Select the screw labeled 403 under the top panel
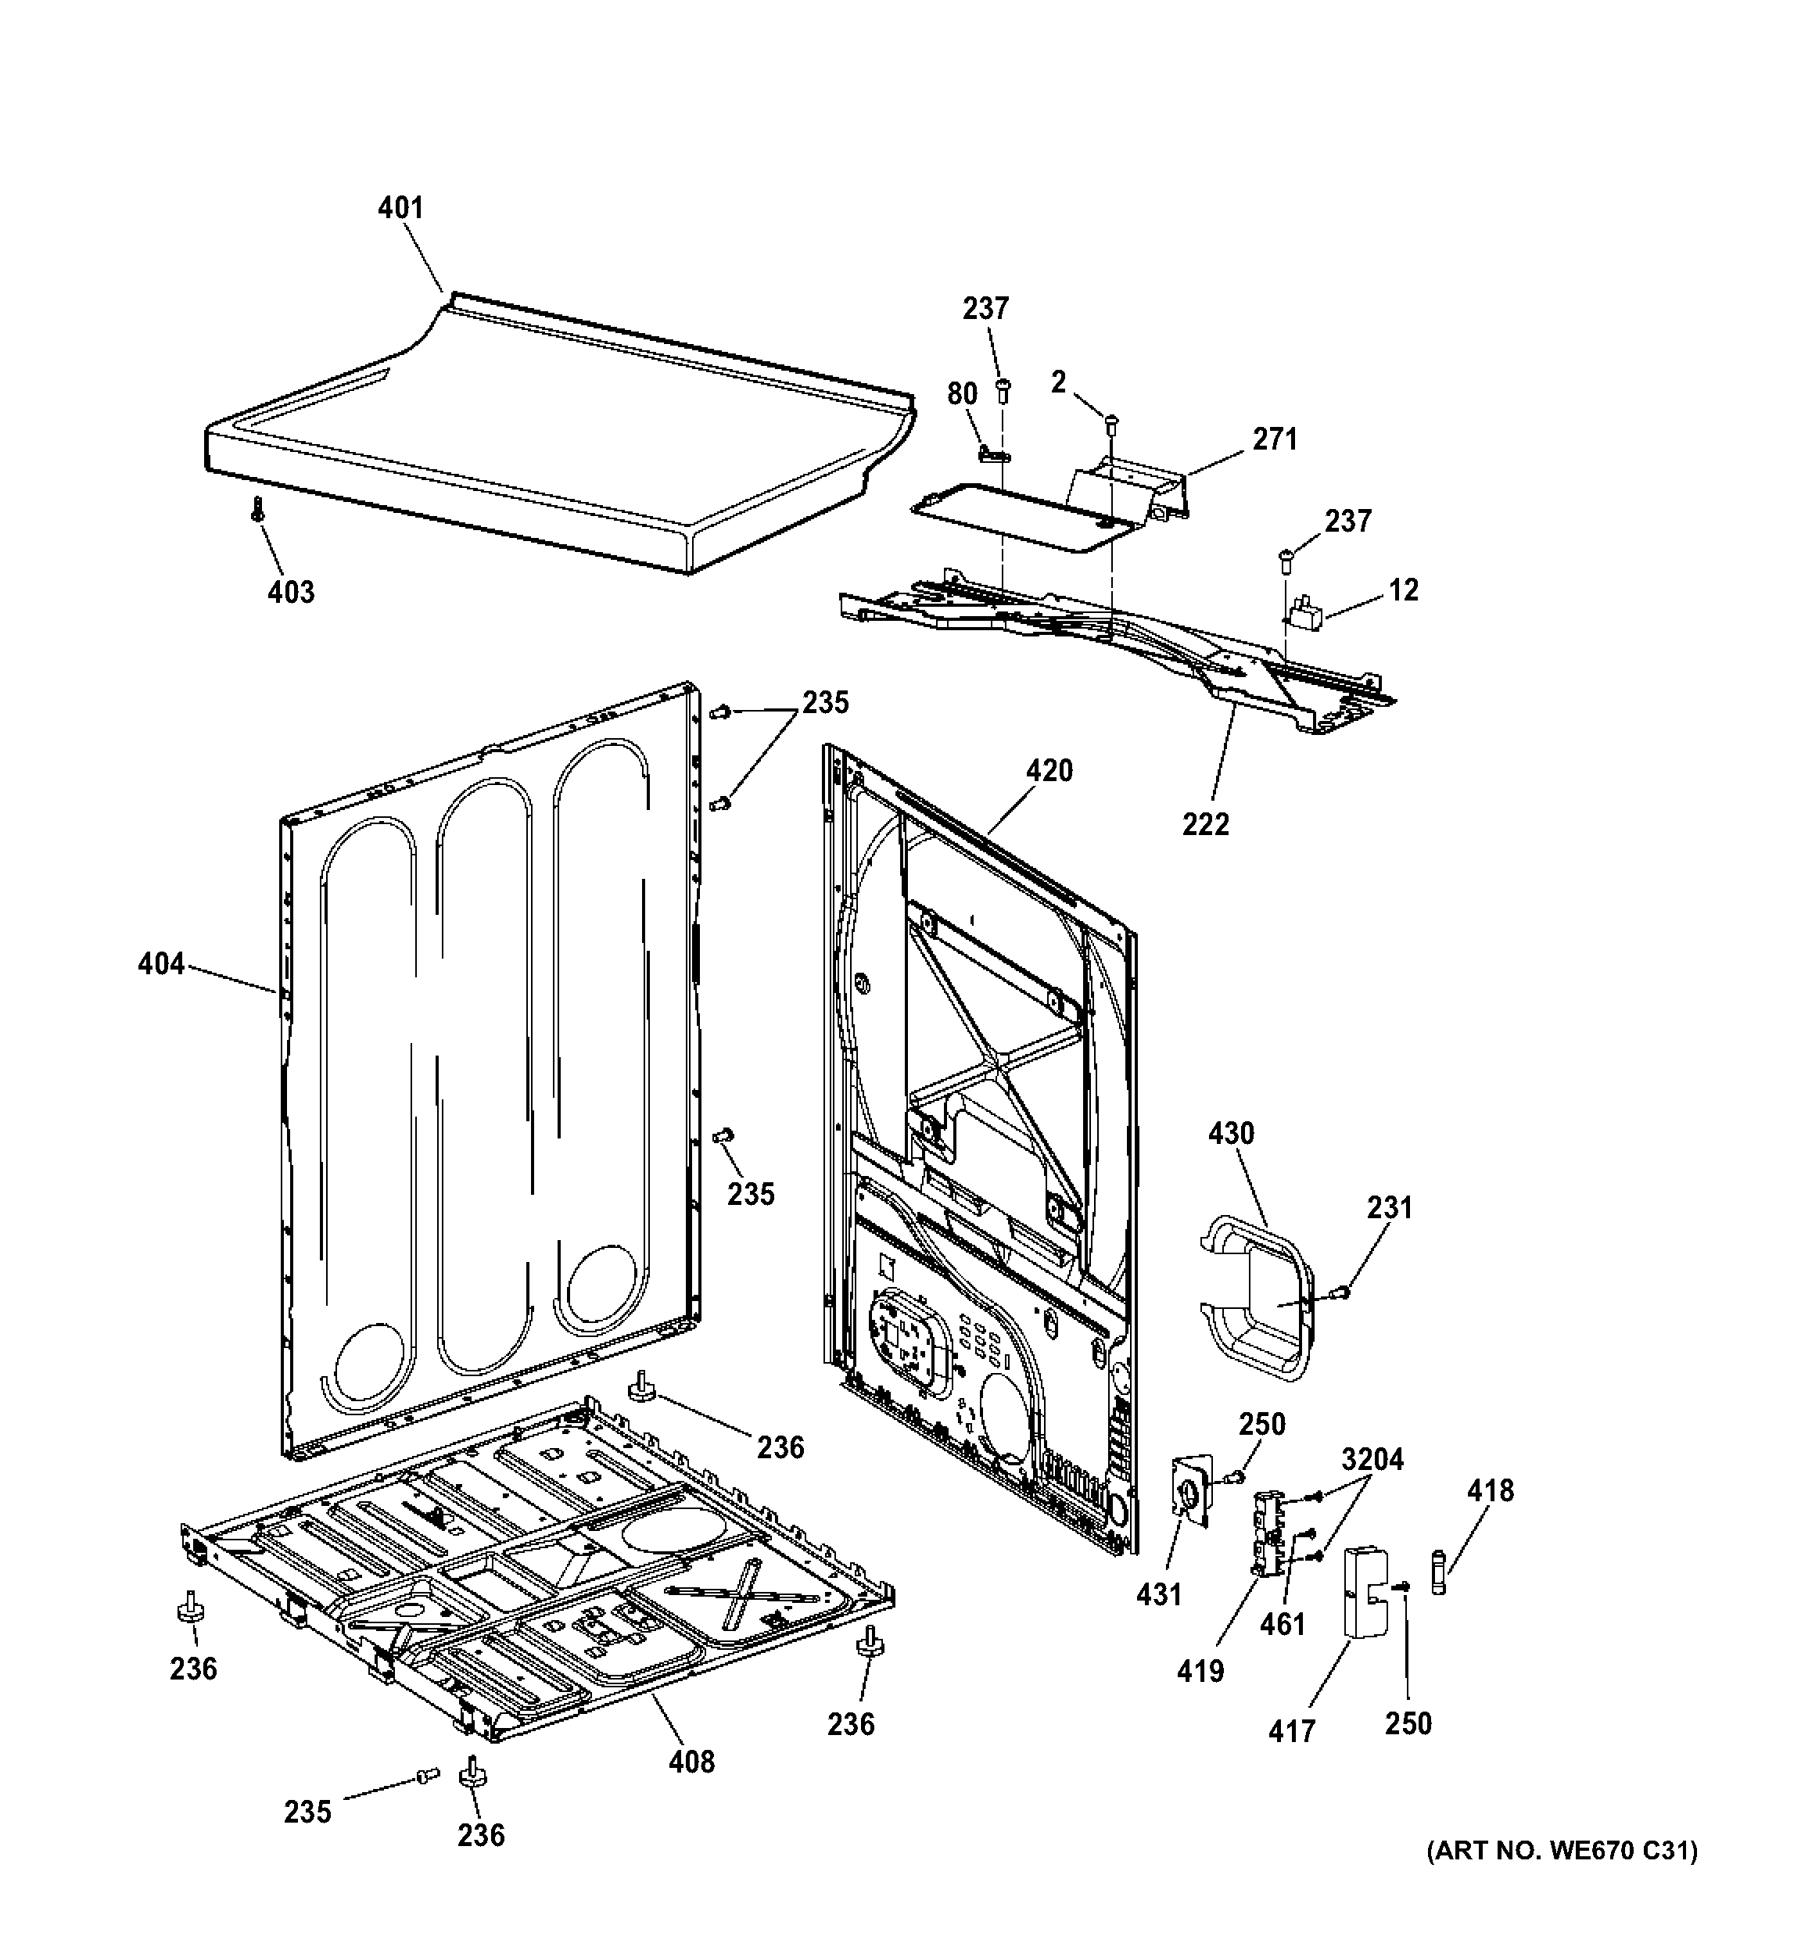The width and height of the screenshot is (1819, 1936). (258, 507)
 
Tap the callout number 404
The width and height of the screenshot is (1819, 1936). (160, 964)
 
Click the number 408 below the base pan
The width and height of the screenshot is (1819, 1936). (691, 1762)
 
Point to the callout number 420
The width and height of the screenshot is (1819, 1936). (1049, 771)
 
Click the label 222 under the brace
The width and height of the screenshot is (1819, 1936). (1206, 825)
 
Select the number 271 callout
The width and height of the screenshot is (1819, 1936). (1275, 440)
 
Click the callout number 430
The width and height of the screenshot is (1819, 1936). (1231, 1134)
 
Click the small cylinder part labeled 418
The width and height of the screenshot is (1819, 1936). (1440, 1572)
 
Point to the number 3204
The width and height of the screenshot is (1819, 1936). (1372, 1460)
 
